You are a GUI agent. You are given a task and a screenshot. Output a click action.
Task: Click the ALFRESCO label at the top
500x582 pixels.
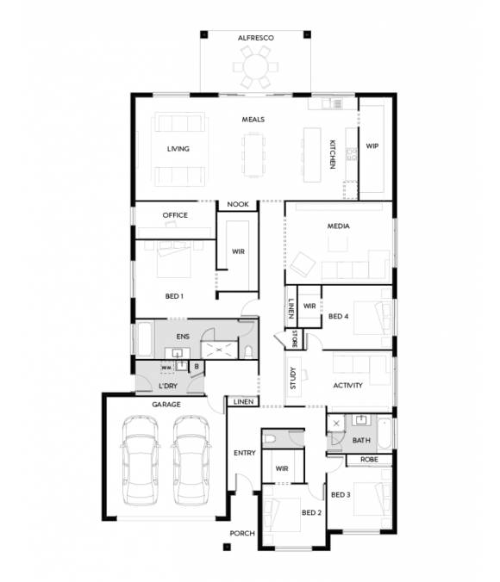tap(254, 38)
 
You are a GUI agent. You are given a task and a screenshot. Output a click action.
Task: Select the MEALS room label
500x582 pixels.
tap(253, 120)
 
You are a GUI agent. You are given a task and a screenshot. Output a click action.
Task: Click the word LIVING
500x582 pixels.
tap(178, 149)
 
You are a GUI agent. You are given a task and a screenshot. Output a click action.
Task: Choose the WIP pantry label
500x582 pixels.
tap(372, 146)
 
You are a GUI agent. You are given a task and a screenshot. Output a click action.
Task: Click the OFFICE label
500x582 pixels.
tap(175, 215)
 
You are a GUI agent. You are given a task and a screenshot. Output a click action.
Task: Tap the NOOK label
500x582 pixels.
tap(237, 205)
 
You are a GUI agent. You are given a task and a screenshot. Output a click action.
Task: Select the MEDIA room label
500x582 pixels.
tap(337, 226)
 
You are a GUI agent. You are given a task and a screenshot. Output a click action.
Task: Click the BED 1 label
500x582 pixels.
tap(174, 296)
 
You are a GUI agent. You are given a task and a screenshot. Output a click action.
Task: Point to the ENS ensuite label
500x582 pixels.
tap(182, 336)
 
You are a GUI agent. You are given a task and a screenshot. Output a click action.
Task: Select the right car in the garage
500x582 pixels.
tap(192, 461)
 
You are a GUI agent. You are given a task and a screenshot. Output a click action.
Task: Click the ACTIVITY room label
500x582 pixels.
tap(347, 385)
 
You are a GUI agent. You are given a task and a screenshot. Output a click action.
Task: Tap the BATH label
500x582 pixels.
tap(361, 441)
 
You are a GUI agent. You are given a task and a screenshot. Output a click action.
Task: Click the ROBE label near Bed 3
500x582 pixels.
tap(369, 460)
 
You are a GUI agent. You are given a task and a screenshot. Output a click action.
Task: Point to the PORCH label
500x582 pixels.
tap(242, 534)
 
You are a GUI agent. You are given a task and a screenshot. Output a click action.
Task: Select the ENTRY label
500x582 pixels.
tap(243, 453)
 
